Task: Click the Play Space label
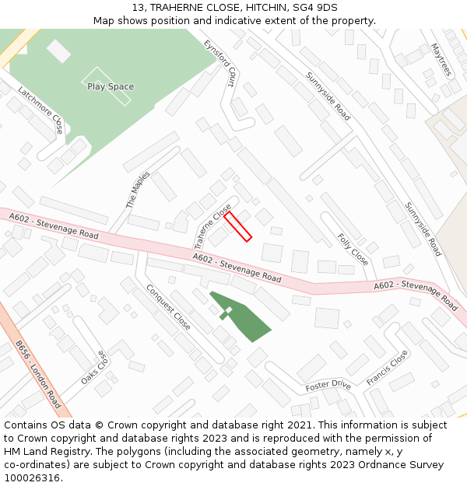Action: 111,86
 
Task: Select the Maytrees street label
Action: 441,59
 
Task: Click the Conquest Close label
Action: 168,306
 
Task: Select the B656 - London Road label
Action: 38,374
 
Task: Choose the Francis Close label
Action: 387,368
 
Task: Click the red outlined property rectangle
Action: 238,226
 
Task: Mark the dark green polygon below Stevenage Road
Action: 241,316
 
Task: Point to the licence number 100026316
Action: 33,477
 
